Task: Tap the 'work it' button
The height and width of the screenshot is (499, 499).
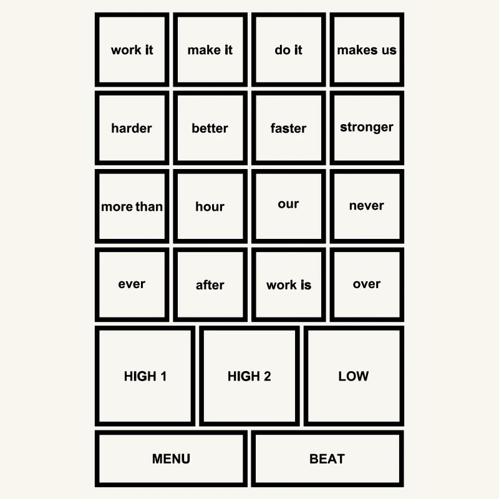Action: point(132,50)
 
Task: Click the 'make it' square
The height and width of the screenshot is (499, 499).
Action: point(210,50)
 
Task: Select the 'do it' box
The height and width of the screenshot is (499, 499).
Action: point(288,50)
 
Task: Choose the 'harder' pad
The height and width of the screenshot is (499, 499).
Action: point(132,128)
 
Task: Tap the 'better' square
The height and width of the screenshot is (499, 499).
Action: point(210,128)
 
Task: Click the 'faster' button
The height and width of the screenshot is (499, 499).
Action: point(288,128)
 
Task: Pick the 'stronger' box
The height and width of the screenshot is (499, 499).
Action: point(367,128)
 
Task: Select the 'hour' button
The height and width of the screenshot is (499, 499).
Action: point(210,206)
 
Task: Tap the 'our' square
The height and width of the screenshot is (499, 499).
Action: point(288,206)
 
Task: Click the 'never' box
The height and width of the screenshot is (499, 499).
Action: point(367,206)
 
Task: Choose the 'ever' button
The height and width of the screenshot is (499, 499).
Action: point(132,284)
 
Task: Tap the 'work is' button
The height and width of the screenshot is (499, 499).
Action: point(288,284)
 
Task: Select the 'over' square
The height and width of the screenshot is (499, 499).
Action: point(367,284)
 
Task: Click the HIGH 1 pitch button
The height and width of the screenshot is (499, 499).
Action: point(145,376)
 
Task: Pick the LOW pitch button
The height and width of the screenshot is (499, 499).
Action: point(354,376)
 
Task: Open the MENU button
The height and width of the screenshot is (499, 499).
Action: point(171,458)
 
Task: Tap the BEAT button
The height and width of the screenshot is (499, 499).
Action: point(327,458)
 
